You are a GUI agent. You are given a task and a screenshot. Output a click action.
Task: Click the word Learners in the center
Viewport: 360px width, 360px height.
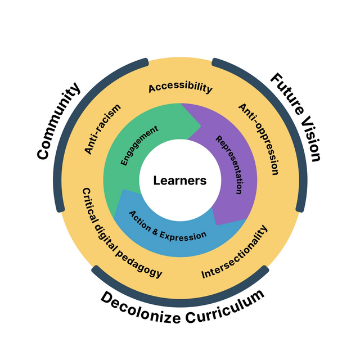pyautogui.click(x=180, y=181)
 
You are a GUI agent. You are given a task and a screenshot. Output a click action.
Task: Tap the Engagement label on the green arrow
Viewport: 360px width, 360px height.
pyautogui.click(x=139, y=146)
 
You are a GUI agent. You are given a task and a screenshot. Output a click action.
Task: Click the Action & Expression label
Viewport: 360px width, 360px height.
pyautogui.click(x=168, y=226)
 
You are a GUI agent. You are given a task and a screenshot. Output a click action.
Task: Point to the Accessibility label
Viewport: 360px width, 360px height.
pyautogui.click(x=180, y=88)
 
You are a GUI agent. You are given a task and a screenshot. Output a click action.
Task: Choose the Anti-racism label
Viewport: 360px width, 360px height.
pyautogui.click(x=102, y=129)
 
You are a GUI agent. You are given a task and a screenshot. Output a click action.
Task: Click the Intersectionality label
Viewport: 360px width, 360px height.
pyautogui.click(x=235, y=253)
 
